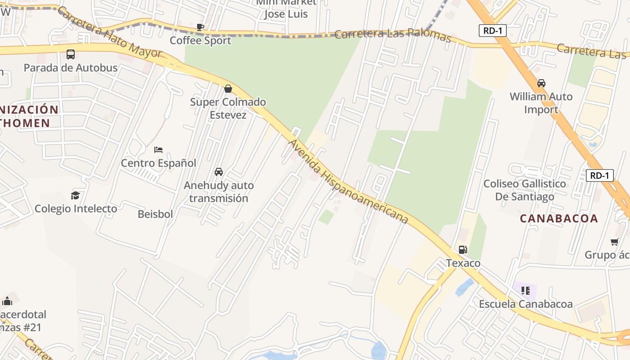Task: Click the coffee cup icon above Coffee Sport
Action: pos(200,27)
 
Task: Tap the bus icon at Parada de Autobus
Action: pos(71,54)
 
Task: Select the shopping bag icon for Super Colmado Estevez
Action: pos(228,89)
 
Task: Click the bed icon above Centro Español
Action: pos(158,150)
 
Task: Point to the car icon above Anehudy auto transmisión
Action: pos(219,172)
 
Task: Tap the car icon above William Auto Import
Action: pos(541,83)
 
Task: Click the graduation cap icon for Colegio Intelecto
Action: pos(75,195)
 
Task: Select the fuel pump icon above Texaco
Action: pos(463,250)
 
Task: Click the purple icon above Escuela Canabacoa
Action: pos(525,291)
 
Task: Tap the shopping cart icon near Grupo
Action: pos(615,242)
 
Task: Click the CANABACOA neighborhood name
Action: pos(559,219)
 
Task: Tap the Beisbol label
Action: pos(155,214)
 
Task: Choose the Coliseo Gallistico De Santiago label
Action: pos(525,190)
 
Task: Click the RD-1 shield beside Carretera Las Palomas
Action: pos(493,31)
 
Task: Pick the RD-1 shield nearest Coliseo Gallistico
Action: pos(599,175)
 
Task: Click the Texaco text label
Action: pos(463,263)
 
